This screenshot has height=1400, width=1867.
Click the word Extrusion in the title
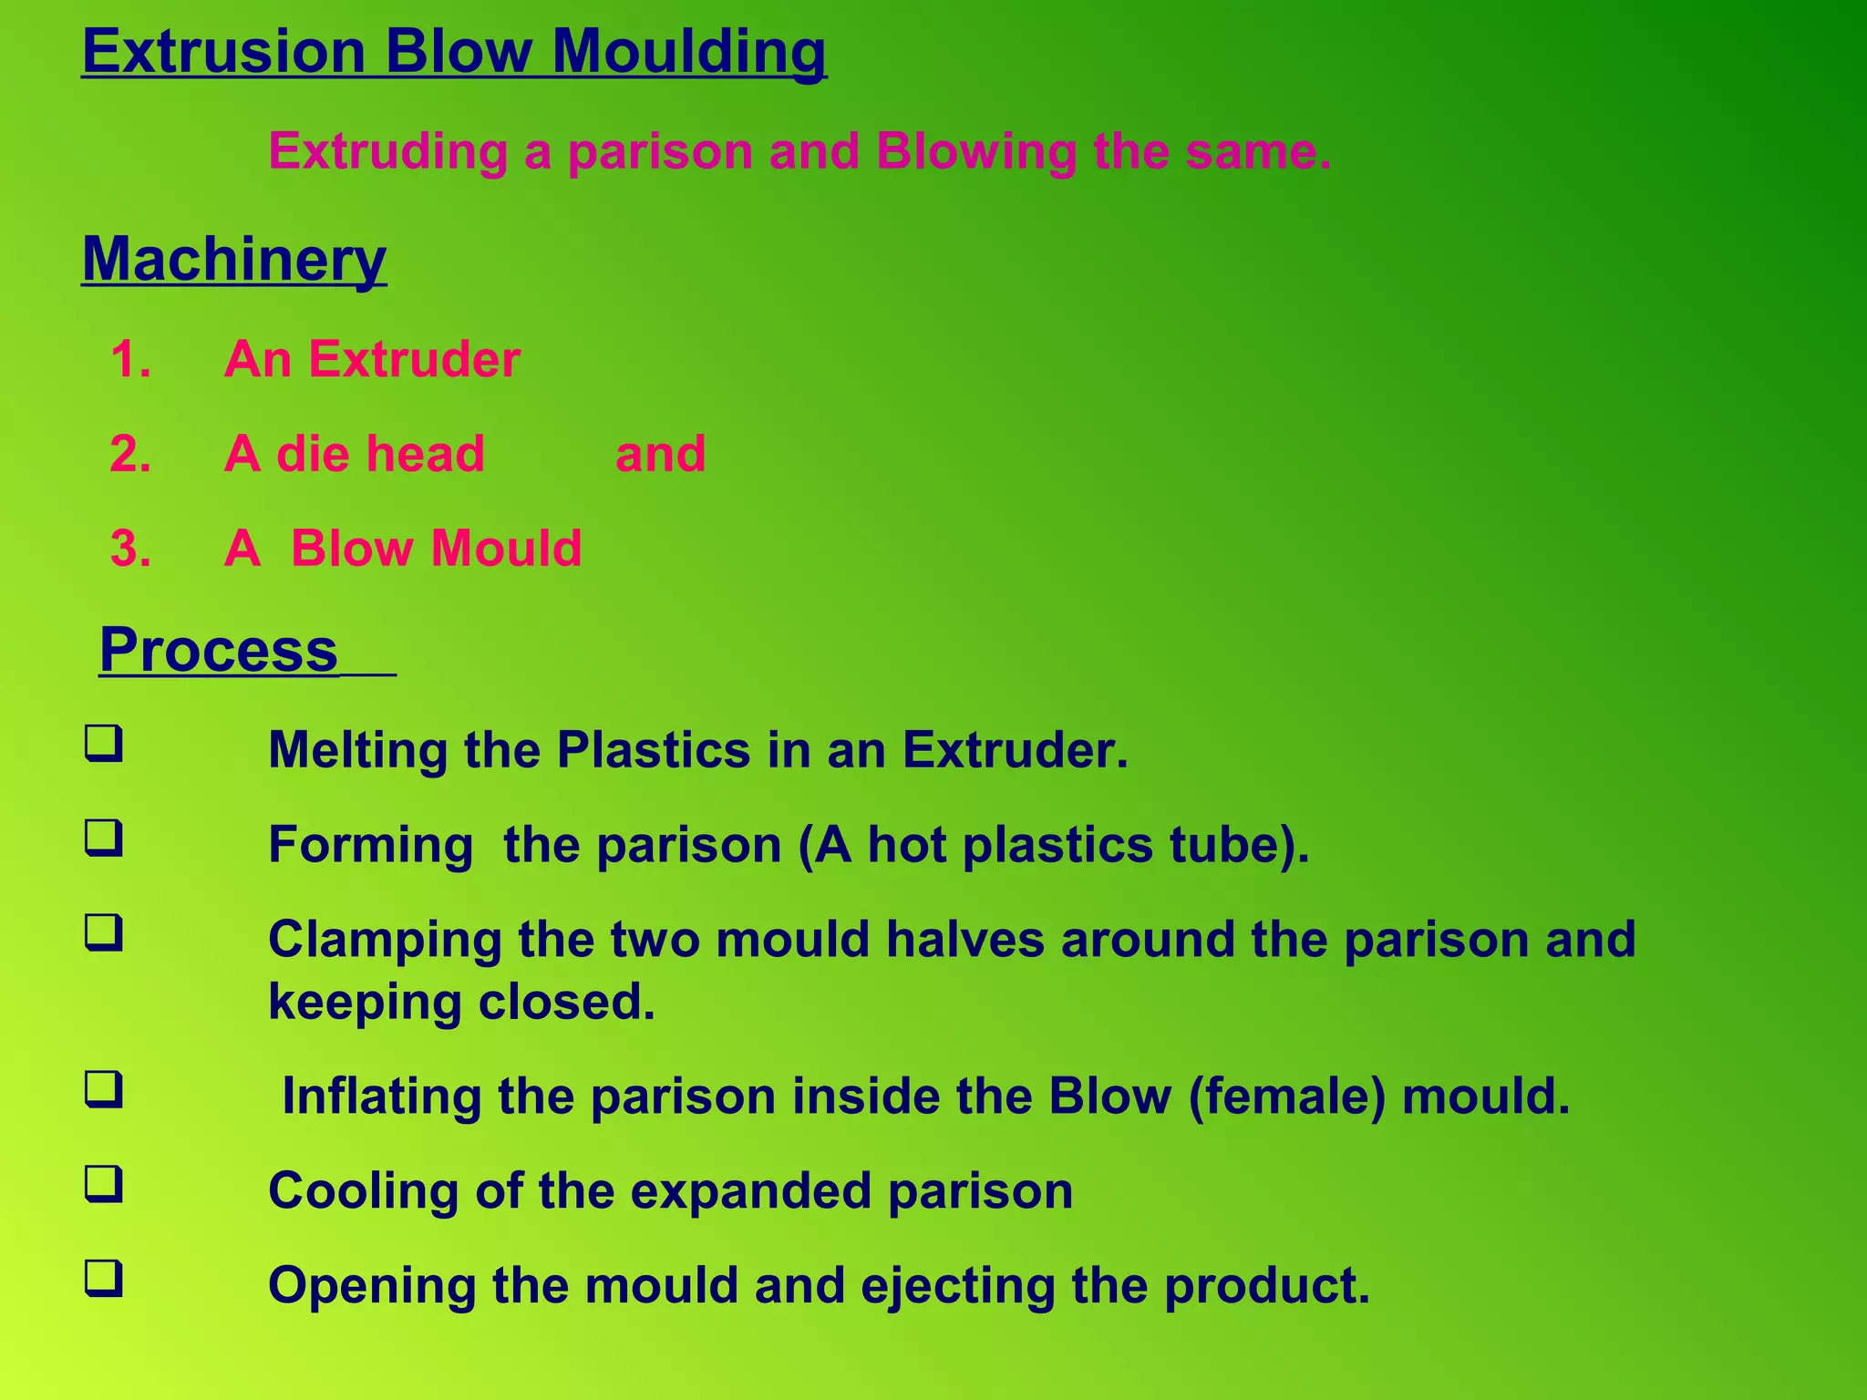pos(223,51)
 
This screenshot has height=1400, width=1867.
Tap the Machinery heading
pos(234,260)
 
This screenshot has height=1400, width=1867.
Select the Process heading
pos(219,650)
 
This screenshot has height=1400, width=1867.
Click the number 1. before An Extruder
pos(130,359)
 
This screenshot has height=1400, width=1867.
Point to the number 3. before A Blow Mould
pos(130,549)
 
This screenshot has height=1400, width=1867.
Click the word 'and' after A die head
pos(660,454)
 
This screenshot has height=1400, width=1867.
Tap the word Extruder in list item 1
pos(414,359)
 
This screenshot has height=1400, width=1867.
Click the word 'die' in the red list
pos(312,454)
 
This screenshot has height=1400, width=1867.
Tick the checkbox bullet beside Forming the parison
pos(104,838)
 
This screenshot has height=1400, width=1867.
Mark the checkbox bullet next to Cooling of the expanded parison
pos(104,1184)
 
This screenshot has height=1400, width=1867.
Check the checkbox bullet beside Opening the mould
pos(104,1278)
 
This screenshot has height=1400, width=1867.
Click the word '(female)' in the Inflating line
pos(1286,1096)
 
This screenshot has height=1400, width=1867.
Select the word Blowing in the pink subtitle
pos(975,152)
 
